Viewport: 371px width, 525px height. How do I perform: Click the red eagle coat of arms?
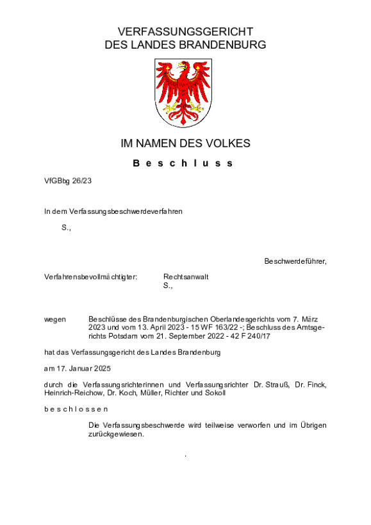tap(185, 93)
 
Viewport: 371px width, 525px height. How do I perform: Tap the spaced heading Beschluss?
tap(185, 163)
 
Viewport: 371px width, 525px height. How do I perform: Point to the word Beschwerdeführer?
tap(294, 261)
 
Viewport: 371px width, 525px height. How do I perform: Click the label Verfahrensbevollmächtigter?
tap(90, 277)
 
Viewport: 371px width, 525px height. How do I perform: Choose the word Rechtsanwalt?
tap(186, 277)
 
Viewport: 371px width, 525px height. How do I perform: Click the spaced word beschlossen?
tap(76, 408)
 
